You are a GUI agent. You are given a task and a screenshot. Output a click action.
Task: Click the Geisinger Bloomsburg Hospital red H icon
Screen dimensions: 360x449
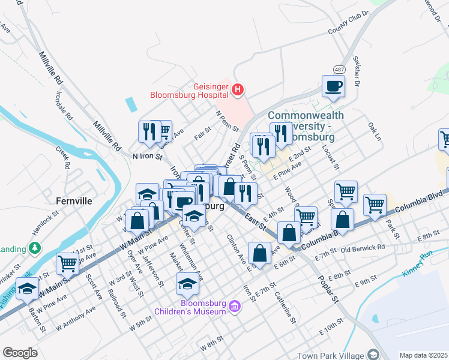pyautogui.click(x=238, y=90)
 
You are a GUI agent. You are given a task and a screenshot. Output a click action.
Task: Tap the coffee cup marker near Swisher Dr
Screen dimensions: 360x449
pyautogui.click(x=333, y=86)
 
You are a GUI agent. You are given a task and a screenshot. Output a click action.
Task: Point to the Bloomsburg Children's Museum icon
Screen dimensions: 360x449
pyautogui.click(x=235, y=307)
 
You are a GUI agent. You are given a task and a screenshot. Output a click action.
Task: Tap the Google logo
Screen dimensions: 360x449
pyautogui.click(x=20, y=353)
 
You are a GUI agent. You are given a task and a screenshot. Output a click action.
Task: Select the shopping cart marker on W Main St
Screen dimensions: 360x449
pyautogui.click(x=67, y=262)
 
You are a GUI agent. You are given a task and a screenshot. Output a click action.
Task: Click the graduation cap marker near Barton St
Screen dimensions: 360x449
pyautogui.click(x=27, y=289)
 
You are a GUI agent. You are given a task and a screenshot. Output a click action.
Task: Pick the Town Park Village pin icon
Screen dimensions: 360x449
pyautogui.click(x=373, y=355)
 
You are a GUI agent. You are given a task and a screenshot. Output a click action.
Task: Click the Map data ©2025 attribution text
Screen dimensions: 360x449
pyautogui.click(x=423, y=355)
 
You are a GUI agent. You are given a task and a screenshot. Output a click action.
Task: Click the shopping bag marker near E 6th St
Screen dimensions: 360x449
pyautogui.click(x=259, y=253)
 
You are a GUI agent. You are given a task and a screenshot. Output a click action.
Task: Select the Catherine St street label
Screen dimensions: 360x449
pyautogui.click(x=285, y=307)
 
